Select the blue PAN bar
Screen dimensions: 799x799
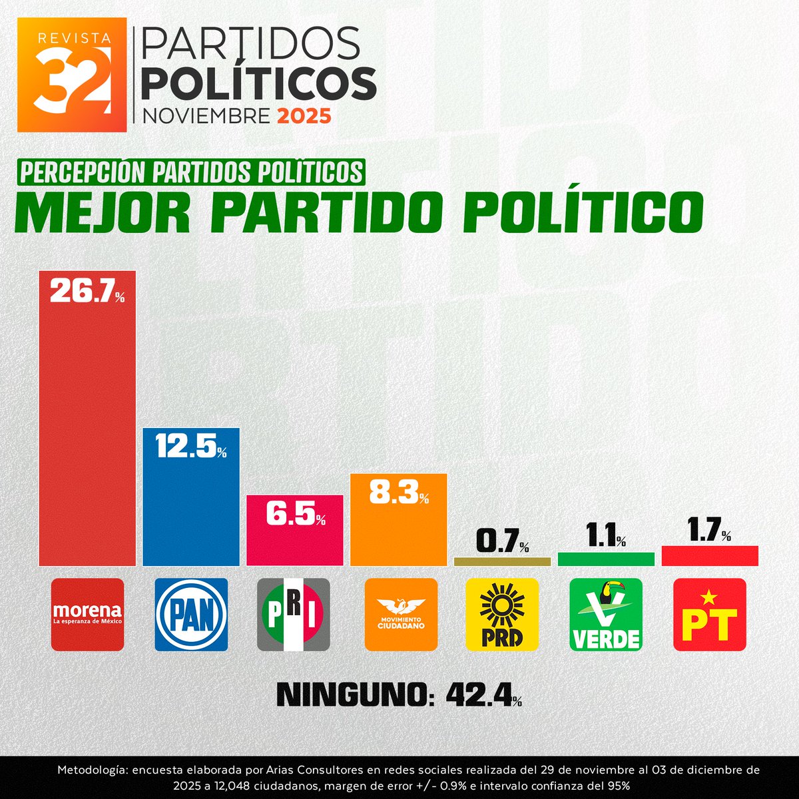(x=192, y=506)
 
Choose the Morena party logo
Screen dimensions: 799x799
(x=87, y=614)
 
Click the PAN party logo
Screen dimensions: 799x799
(x=191, y=614)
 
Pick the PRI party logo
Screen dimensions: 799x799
(x=294, y=614)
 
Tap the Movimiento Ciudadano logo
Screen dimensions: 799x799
(x=401, y=614)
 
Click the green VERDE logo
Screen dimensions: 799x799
(x=606, y=614)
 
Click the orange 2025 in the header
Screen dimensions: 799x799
(x=304, y=116)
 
